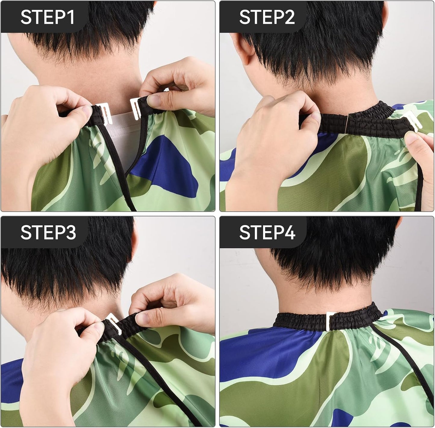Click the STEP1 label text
48,17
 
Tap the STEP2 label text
267,17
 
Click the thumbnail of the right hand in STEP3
143,318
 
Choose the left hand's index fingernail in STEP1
87,111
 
